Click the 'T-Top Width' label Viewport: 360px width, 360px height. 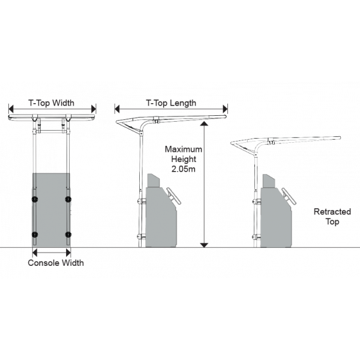(51, 103)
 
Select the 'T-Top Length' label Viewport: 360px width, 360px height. (171, 103)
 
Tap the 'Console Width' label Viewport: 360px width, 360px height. (56, 263)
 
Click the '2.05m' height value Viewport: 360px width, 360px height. (184, 169)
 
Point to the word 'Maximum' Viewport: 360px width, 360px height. (184, 149)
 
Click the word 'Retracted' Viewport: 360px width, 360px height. (332, 211)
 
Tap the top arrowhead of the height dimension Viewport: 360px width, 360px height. (204, 124)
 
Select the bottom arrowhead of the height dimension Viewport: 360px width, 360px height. (204, 245)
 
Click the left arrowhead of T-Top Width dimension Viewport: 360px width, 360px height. (11, 109)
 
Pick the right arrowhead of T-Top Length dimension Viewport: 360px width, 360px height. (225, 109)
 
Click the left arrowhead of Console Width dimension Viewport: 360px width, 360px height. (35, 253)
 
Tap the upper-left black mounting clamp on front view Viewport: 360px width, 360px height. (35, 199)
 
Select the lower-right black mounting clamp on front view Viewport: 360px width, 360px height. (68, 235)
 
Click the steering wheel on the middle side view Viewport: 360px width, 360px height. (174, 196)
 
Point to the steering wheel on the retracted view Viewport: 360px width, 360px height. (289, 196)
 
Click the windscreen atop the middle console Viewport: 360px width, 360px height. (153, 181)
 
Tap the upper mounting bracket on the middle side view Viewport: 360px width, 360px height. (142, 202)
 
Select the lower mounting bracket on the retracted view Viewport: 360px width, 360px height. (256, 237)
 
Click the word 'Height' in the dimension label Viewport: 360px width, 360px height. (184, 160)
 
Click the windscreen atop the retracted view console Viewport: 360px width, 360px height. (268, 181)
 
